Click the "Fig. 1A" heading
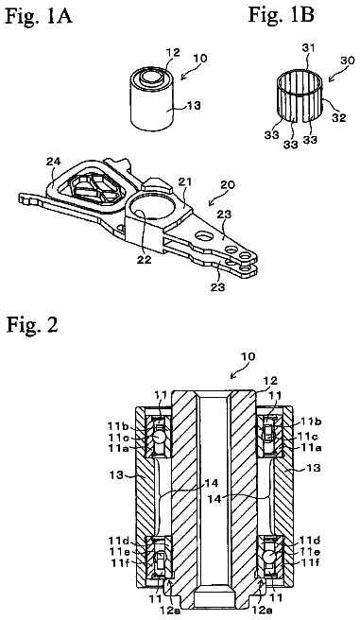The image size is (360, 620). (39, 17)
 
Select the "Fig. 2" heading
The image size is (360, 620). (32, 325)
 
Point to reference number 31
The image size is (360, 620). (308, 48)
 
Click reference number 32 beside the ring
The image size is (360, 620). (338, 117)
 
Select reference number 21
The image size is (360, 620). (185, 181)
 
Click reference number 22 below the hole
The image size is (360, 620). (144, 260)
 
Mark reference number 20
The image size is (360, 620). (227, 184)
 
